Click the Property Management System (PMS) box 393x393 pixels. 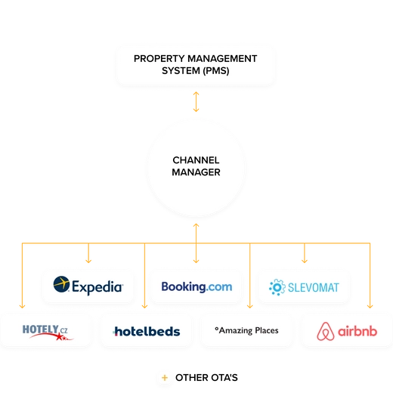tap(196, 65)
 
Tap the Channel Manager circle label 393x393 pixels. tap(196, 166)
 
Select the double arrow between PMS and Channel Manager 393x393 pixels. tap(196, 101)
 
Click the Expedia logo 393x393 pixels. tap(88, 286)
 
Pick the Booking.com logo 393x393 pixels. tap(196, 286)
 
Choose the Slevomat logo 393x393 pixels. tap(304, 287)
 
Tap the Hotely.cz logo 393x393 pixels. tap(48, 333)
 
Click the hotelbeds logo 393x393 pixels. tap(147, 332)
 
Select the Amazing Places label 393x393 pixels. tap(246, 330)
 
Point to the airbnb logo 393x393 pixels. tap(347, 331)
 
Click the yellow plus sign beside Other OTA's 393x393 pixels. tap(165, 378)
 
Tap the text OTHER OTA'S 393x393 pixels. tap(206, 378)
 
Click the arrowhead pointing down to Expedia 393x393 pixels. tap(88, 261)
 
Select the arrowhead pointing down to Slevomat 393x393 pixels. tap(305, 261)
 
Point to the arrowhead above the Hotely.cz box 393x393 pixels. tap(22, 306)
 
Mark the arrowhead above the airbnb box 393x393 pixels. tap(370, 306)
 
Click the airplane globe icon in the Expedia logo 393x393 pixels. tap(61, 284)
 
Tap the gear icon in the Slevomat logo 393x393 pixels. tap(277, 287)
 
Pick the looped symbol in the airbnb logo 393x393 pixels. tap(326, 331)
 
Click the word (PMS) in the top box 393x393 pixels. tap(216, 71)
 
